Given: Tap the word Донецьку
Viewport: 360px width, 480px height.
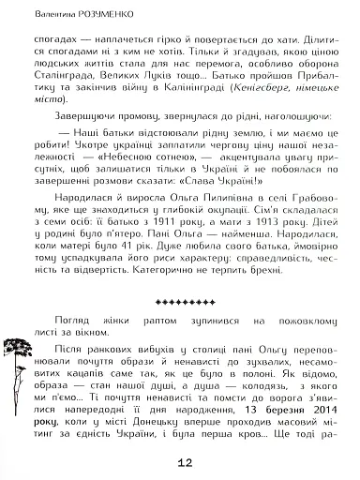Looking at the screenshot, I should pyautogui.click(x=137, y=424).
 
